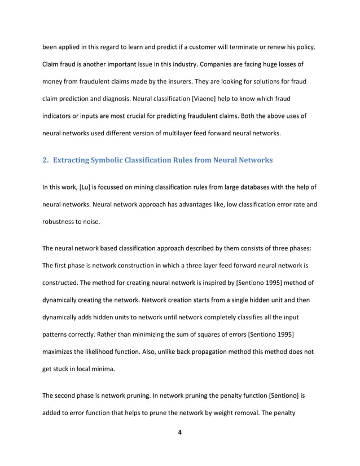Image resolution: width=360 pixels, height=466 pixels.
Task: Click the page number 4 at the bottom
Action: pos(179,433)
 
